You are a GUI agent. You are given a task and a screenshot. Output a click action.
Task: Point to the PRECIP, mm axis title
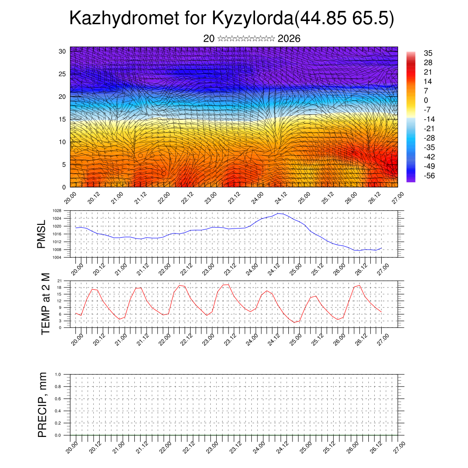click(x=43, y=404)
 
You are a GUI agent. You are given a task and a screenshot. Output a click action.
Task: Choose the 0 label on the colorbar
click(x=426, y=100)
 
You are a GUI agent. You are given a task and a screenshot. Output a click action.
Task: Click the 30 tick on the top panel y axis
click(x=63, y=51)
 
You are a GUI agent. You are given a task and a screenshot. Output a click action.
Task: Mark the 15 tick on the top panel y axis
click(x=63, y=119)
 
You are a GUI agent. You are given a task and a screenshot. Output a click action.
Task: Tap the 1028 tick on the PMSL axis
click(x=57, y=211)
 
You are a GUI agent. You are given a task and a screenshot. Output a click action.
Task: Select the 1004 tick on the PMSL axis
click(x=57, y=257)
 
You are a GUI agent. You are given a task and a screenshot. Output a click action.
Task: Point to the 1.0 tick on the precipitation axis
click(x=58, y=374)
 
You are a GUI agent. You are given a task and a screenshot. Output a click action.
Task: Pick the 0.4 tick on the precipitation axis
click(x=58, y=411)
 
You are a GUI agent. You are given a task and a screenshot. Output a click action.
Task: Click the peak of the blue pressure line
click(x=279, y=213)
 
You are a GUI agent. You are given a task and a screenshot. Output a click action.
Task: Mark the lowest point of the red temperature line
click(x=295, y=322)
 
